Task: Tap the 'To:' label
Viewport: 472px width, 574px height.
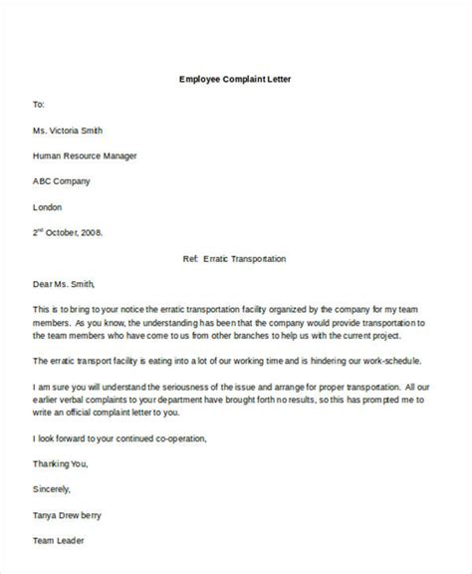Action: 39,103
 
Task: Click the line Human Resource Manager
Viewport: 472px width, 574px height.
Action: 86,154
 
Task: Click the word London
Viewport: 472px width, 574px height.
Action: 48,206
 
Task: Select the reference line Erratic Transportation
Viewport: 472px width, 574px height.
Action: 236,259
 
